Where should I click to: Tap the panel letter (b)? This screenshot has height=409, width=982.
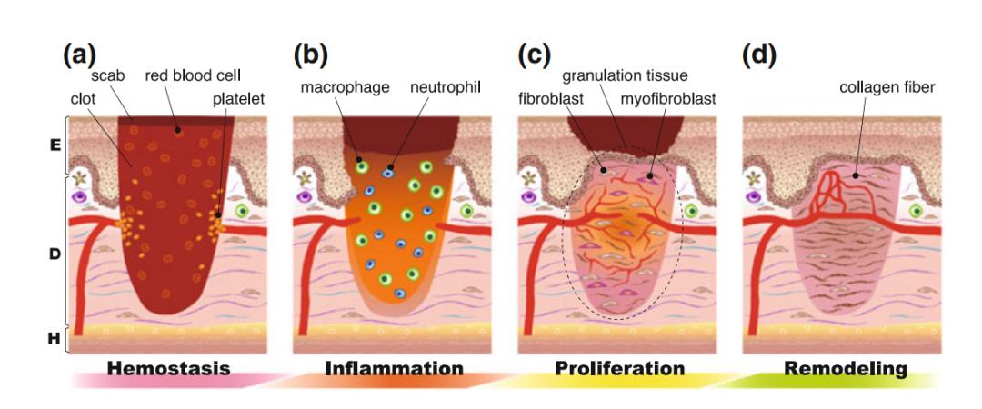[x=311, y=55]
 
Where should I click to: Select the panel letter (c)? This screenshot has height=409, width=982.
[x=535, y=55]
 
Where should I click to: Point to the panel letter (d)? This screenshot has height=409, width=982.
[x=759, y=55]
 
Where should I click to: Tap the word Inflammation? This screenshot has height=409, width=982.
[x=394, y=369]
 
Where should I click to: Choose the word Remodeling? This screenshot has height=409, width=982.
[x=847, y=369]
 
